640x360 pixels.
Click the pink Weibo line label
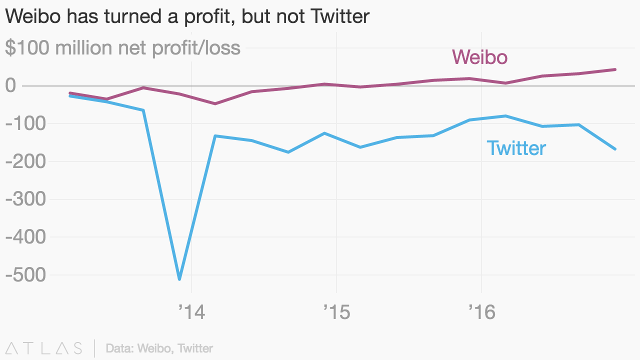click(x=479, y=57)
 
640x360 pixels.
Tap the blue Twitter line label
click(x=516, y=148)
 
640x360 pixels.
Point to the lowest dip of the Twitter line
click(x=179, y=279)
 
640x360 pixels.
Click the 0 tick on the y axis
click(x=10, y=85)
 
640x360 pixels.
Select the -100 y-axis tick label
click(x=24, y=123)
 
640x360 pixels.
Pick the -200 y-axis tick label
click(x=24, y=161)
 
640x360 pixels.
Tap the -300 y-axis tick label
click(x=24, y=199)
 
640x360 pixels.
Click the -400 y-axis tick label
click(x=24, y=237)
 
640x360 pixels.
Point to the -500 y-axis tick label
click(x=24, y=275)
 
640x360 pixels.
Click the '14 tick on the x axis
click(x=191, y=313)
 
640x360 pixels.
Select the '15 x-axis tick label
click(x=336, y=313)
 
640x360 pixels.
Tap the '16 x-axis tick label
click(x=481, y=313)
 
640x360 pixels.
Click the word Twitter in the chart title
click(x=340, y=17)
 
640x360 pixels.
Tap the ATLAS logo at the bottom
click(x=43, y=348)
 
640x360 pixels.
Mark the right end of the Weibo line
click(x=615, y=69)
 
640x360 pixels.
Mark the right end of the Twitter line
click(x=615, y=149)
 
